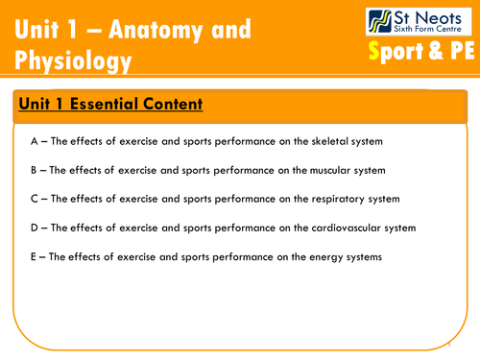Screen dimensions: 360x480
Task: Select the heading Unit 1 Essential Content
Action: pyautogui.click(x=111, y=104)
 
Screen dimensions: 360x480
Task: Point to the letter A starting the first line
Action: pyautogui.click(x=34, y=141)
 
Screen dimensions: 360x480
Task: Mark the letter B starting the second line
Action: pyautogui.click(x=34, y=170)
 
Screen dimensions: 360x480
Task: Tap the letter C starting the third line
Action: pyautogui.click(x=34, y=199)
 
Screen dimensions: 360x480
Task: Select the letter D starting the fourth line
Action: pyautogui.click(x=34, y=228)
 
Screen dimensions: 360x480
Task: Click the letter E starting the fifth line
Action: pyautogui.click(x=34, y=256)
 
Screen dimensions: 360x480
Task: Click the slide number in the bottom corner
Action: pyautogui.click(x=448, y=336)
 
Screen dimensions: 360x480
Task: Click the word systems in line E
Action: pyautogui.click(x=362, y=256)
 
